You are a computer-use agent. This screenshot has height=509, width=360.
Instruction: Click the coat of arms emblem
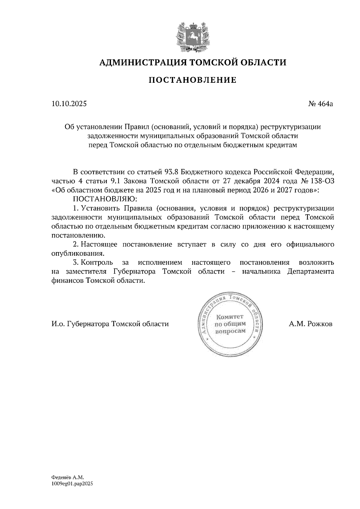tap(192, 36)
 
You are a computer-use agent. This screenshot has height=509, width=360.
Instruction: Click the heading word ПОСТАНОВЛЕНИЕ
tap(193, 80)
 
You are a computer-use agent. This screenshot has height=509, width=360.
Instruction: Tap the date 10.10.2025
tap(69, 104)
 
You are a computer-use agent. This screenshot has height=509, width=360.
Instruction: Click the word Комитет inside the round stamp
tap(230, 317)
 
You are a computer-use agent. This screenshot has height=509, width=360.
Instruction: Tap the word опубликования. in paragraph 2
tap(78, 253)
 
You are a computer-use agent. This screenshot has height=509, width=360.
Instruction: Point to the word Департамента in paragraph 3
tap(310, 271)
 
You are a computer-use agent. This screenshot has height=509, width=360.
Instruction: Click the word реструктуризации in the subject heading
tap(291, 127)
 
